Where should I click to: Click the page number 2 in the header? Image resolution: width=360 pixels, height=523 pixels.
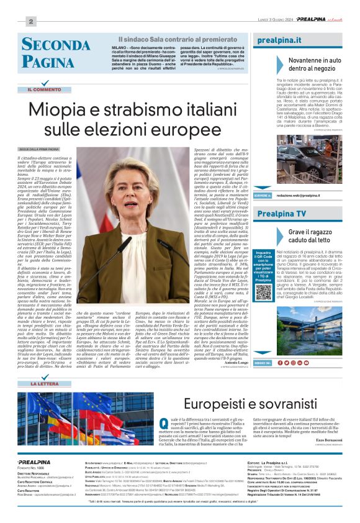pos(30,22)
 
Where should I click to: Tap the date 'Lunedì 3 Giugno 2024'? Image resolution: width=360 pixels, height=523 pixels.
pos(275,20)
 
